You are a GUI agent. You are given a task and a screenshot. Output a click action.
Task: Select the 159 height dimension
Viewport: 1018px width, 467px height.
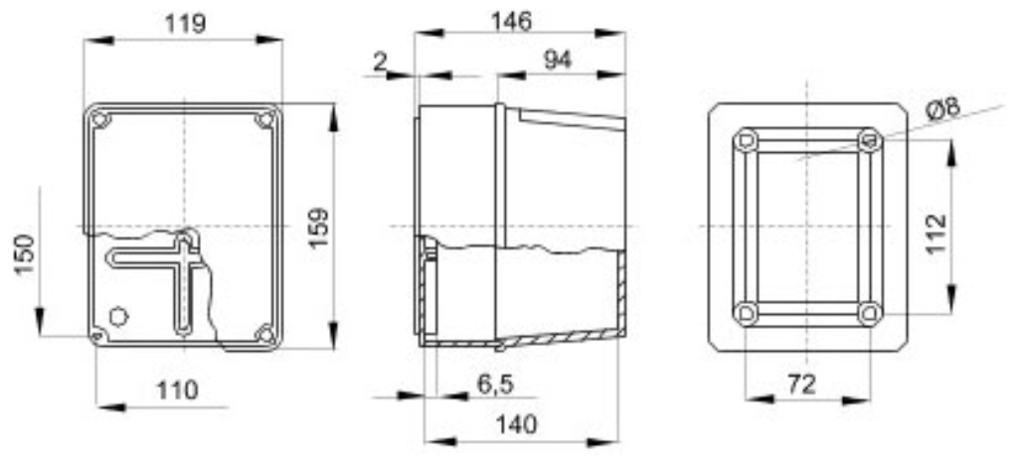point(317,227)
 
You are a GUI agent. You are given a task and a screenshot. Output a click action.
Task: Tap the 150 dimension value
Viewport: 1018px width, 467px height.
point(23,254)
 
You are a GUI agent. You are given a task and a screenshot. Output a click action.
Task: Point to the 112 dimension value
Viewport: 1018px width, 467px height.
point(936,233)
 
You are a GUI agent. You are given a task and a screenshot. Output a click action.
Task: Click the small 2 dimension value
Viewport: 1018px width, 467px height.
point(379,62)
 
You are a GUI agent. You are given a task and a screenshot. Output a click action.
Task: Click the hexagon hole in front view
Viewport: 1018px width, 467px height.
point(118,316)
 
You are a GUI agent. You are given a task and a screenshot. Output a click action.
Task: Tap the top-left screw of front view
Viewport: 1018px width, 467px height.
point(99,120)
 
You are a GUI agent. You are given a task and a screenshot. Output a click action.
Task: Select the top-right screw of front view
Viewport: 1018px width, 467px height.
point(264,120)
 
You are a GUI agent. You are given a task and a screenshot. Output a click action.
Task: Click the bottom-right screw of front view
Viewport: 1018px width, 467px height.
point(264,334)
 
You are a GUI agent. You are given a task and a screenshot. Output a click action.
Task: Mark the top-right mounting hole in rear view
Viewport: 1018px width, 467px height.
point(869,140)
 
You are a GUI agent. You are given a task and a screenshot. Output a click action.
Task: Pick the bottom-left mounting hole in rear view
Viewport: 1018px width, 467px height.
point(747,313)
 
